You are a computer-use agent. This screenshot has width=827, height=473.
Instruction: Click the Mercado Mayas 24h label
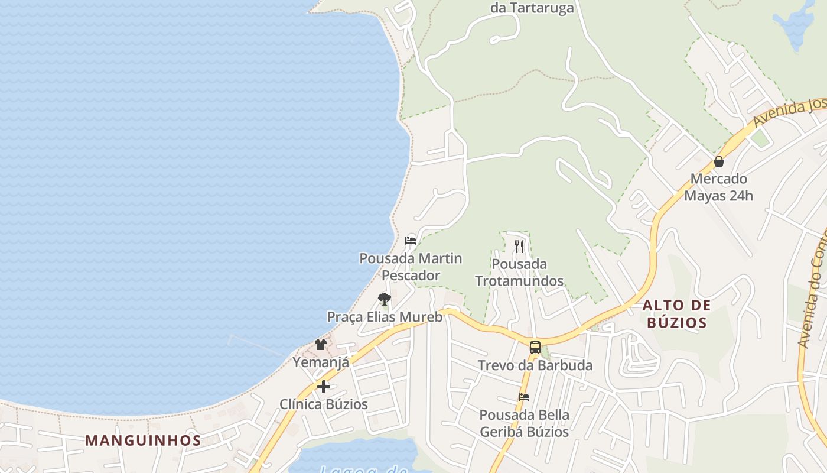718,187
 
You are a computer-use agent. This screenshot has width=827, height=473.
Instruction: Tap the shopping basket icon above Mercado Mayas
719,161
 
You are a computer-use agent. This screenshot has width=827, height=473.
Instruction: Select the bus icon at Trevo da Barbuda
535,348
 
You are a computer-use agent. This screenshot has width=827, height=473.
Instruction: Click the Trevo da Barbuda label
535,365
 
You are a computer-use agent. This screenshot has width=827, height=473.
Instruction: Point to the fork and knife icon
519,246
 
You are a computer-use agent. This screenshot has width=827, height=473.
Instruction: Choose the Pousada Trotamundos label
519,273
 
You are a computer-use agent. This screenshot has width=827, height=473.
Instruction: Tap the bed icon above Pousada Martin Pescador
411,240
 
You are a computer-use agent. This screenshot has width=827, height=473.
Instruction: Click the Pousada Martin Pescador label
411,267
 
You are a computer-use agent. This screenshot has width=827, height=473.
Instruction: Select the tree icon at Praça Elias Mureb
385,299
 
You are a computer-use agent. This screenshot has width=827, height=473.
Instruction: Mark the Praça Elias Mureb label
385,317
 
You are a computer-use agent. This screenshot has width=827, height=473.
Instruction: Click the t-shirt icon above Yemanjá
321,344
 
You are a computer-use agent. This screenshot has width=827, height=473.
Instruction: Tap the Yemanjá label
321,362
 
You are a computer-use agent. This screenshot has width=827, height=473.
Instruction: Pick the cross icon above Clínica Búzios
324,387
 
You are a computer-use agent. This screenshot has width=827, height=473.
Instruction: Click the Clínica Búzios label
324,404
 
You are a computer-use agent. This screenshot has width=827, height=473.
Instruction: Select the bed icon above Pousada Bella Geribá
524,397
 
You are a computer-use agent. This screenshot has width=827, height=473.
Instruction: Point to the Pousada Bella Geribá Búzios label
524,423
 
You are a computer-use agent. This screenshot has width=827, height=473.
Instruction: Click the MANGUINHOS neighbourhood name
143,440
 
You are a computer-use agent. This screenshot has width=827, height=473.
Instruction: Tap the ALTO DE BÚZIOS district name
676,314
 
